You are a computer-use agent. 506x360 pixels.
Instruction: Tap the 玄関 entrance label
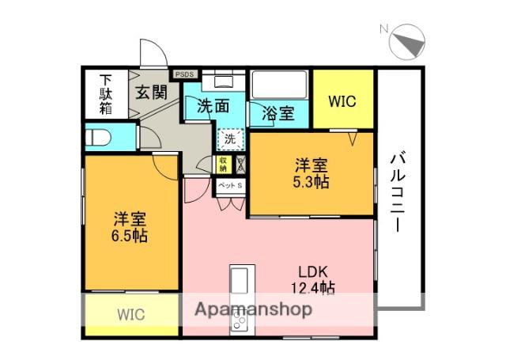point(150,92)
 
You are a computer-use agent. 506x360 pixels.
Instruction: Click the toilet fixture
point(98,137)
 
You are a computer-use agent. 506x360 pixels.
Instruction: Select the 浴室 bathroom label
point(278,113)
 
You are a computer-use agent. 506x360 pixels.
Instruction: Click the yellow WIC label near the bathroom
point(342,101)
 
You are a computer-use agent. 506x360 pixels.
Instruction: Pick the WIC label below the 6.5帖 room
point(131,314)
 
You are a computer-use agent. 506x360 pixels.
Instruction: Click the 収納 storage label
point(224,164)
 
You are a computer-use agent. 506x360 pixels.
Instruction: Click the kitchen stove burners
point(239,320)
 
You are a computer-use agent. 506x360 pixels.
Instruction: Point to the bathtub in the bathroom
point(278,84)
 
